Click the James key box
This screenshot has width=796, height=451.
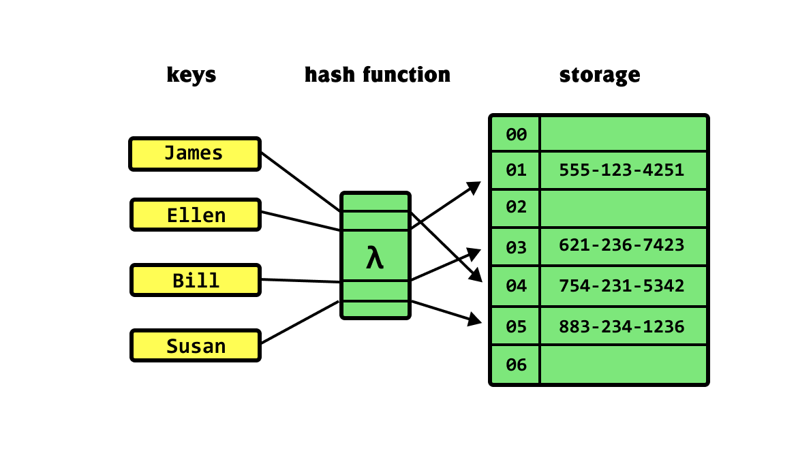click(195, 153)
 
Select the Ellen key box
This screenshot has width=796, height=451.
click(195, 215)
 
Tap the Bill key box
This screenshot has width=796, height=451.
click(195, 280)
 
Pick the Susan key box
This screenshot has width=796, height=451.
click(195, 345)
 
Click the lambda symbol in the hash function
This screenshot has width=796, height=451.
click(375, 258)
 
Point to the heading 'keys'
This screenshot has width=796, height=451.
click(192, 74)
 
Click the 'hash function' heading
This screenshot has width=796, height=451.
click(377, 74)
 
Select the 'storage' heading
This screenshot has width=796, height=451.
click(599, 74)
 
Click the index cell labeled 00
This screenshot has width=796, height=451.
click(516, 134)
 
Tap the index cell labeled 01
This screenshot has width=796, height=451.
click(516, 170)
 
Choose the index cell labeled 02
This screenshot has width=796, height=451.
click(516, 208)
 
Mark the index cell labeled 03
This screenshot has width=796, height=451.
click(516, 247)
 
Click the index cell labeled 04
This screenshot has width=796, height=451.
click(516, 286)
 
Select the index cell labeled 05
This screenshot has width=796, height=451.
click(516, 326)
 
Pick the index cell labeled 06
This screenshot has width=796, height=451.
click(516, 364)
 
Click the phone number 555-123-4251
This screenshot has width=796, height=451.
click(621, 170)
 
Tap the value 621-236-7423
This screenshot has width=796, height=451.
click(621, 245)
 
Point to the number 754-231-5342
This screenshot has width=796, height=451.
click(621, 286)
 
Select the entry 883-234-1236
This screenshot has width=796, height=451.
click(621, 326)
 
